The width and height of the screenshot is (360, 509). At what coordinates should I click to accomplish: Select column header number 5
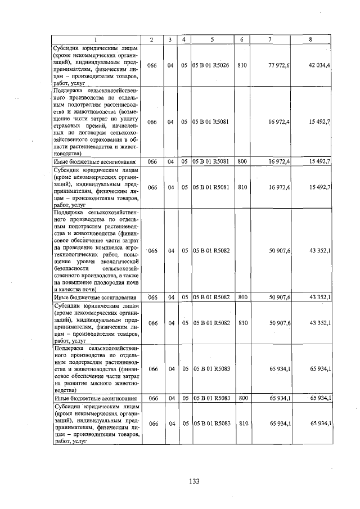pos(212,39)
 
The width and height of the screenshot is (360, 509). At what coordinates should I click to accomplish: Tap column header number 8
pos(310,39)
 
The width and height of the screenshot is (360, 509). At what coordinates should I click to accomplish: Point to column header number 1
pos(96,39)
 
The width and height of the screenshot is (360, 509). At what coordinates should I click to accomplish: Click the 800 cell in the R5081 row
pos(242,161)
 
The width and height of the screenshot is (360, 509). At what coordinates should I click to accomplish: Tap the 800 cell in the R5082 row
pos(242,296)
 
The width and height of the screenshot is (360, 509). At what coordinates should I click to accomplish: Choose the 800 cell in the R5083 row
pos(242,398)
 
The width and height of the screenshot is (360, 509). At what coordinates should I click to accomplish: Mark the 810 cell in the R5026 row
pos(242,66)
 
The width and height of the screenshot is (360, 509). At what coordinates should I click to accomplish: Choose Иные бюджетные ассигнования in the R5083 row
pos(95,398)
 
